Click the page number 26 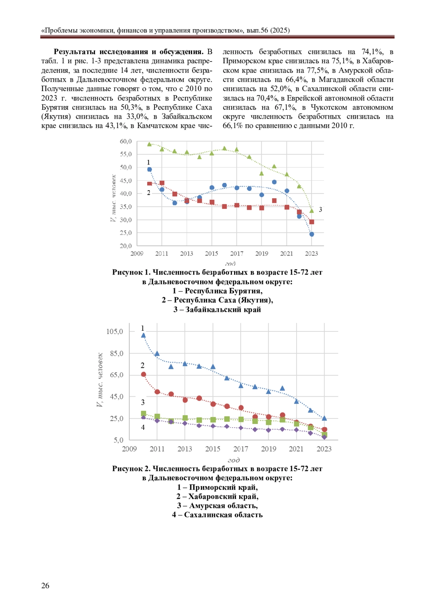pos(45,585)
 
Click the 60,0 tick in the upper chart pos(126,141)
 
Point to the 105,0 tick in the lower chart pos(115,331)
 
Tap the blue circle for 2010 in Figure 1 pos(149,170)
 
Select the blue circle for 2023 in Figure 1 pos(311,234)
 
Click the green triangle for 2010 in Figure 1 pos(149,144)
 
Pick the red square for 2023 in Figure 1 pos(311,222)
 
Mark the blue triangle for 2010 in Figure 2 pos(143,335)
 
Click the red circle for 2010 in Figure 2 pos(143,374)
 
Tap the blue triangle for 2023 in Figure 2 pos(324,418)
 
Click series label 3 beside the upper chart pos(320,209)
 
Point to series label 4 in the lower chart pos(143,427)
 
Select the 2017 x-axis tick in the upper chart pos(237,253)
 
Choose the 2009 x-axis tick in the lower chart pos(129,449)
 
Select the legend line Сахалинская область pos(217,515)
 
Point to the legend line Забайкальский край pos(217,310)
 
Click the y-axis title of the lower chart pos(100,380)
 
